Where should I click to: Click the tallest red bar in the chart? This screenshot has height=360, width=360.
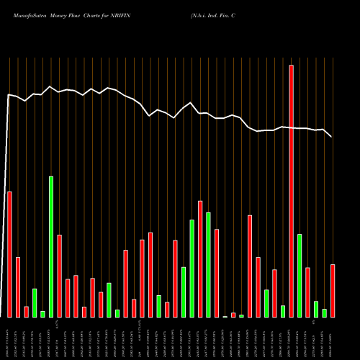[x=291, y=191]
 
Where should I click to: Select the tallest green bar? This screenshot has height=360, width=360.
[x=51, y=246]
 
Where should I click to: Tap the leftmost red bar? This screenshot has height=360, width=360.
[x=9, y=254]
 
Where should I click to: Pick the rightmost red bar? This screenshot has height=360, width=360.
[x=333, y=290]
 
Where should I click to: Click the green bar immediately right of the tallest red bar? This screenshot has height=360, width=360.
[x=300, y=275]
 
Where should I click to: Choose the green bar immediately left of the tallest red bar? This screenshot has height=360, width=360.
[x=283, y=311]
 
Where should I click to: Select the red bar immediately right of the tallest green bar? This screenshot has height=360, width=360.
[x=59, y=276]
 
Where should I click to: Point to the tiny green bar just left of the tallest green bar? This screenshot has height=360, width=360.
[x=42, y=314]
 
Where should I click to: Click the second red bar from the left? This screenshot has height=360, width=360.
[x=18, y=287]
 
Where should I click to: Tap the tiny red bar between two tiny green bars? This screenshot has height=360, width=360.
[x=233, y=315]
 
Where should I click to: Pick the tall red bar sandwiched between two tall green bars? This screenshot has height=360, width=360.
[x=200, y=258]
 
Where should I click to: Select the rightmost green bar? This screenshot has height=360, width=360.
[x=324, y=312]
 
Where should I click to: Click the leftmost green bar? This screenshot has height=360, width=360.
[x=35, y=302]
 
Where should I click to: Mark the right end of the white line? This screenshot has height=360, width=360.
[x=332, y=136]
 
